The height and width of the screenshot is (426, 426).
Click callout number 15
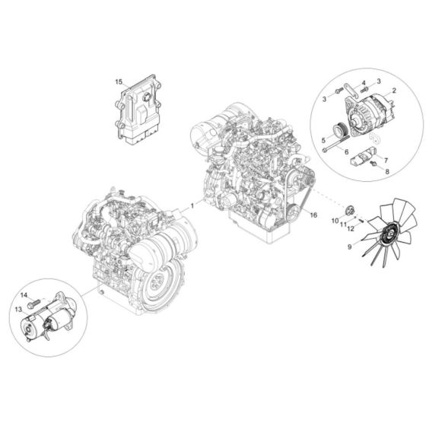pyautogui.click(x=119, y=81)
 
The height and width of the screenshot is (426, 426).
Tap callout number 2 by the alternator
pyautogui.click(x=394, y=91)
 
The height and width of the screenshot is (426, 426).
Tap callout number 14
pyautogui.click(x=23, y=294)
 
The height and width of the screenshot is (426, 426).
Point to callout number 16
pyautogui.click(x=313, y=217)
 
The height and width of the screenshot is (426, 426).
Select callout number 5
pyautogui.click(x=323, y=140)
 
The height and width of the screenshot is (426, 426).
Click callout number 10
pyautogui.click(x=334, y=220)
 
